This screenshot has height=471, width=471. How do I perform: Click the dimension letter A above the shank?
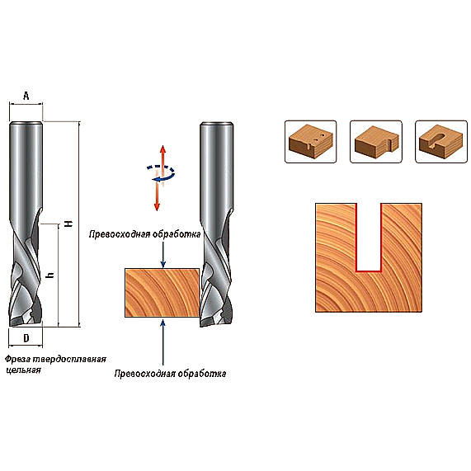[26, 97]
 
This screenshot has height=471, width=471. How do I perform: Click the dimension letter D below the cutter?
[26, 338]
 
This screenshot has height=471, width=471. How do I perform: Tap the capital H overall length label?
[69, 224]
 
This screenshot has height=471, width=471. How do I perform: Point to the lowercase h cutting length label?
[51, 275]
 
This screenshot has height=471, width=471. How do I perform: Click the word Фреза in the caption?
[17, 360]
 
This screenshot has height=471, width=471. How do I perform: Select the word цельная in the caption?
[23, 370]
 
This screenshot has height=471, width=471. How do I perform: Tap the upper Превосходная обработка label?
[145, 234]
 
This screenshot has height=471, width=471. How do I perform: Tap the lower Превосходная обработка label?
[170, 374]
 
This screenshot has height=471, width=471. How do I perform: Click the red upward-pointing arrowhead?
[162, 149]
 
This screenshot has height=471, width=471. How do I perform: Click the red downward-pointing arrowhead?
[157, 207]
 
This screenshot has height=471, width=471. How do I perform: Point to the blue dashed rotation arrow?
[161, 172]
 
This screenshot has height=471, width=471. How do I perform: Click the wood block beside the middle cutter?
[162, 293]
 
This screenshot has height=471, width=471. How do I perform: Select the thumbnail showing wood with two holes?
[311, 142]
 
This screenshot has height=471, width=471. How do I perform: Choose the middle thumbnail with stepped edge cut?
[376, 142]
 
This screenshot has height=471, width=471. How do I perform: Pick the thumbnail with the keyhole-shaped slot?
[441, 142]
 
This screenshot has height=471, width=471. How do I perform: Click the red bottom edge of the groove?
[369, 271]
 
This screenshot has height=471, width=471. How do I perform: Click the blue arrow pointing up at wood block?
[163, 342]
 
